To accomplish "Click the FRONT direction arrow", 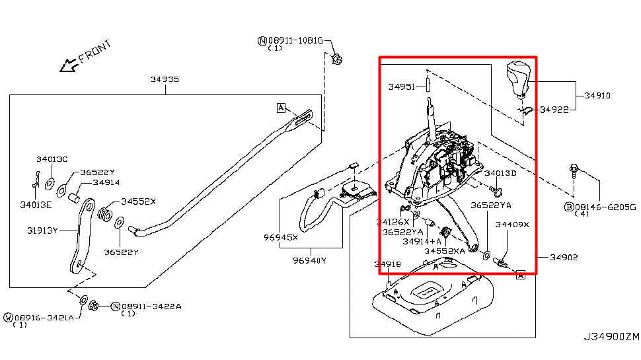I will tap(68, 65).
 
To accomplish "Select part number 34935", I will tap(164, 79).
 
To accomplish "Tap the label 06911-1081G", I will tap(295, 41).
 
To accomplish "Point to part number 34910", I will tap(597, 96).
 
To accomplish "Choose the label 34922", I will tap(554, 110).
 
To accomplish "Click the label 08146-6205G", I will tap(605, 207).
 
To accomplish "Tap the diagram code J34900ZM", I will tap(611, 336).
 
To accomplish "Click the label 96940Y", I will tap(309, 260).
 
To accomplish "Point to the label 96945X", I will tap(281, 236).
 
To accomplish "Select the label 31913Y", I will tap(43, 231).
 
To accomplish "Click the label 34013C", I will tap(52, 159).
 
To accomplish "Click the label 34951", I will tap(401, 87).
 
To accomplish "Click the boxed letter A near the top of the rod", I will tap(281, 108).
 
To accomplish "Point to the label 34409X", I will tap(512, 225).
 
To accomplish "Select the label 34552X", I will tap(138, 201).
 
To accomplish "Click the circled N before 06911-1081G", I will tap(262, 41).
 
